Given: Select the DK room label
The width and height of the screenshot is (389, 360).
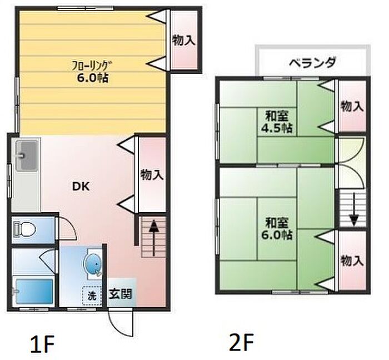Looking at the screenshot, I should (79, 187).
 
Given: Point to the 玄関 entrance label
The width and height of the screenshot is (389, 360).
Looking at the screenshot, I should (120, 293).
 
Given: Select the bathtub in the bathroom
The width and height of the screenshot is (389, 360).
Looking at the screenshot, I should (34, 290).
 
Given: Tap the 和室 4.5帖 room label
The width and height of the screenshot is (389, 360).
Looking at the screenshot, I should (278, 122).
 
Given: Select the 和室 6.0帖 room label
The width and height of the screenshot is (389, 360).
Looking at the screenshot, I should (278, 228).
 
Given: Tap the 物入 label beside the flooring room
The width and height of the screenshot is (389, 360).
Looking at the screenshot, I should (183, 40).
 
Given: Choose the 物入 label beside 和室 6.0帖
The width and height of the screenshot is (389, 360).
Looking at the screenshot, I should (352, 260).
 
